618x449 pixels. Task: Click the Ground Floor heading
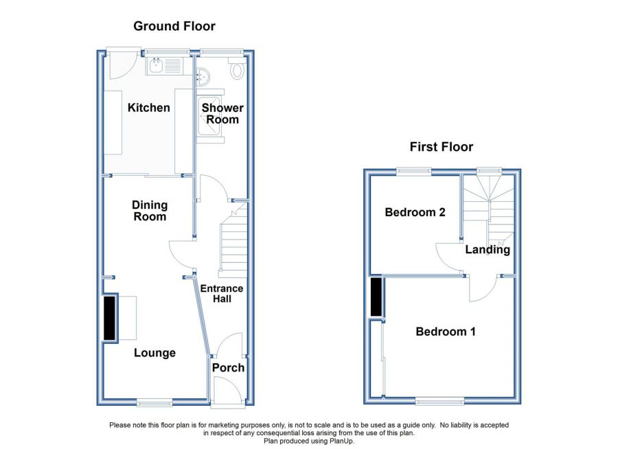pyautogui.click(x=174, y=27)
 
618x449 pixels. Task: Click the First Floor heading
pyautogui.click(x=441, y=146)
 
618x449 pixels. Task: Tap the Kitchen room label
pyautogui.click(x=148, y=108)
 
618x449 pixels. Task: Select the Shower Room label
pyautogui.click(x=222, y=113)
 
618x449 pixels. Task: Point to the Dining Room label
pyautogui.click(x=149, y=211)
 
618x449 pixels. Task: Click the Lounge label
pyautogui.click(x=154, y=353)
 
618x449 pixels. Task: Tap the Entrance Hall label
pyautogui.click(x=221, y=293)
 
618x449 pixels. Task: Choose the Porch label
pyautogui.click(x=228, y=368)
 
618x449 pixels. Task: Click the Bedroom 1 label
pyautogui.click(x=446, y=332)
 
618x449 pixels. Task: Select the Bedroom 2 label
pyautogui.click(x=415, y=212)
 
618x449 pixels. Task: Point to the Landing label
pyautogui.click(x=488, y=249)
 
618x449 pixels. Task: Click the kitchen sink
pyautogui.click(x=157, y=66)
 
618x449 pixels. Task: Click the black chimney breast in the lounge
pyautogui.click(x=110, y=318)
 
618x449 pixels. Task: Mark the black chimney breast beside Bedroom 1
pyautogui.click(x=376, y=297)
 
